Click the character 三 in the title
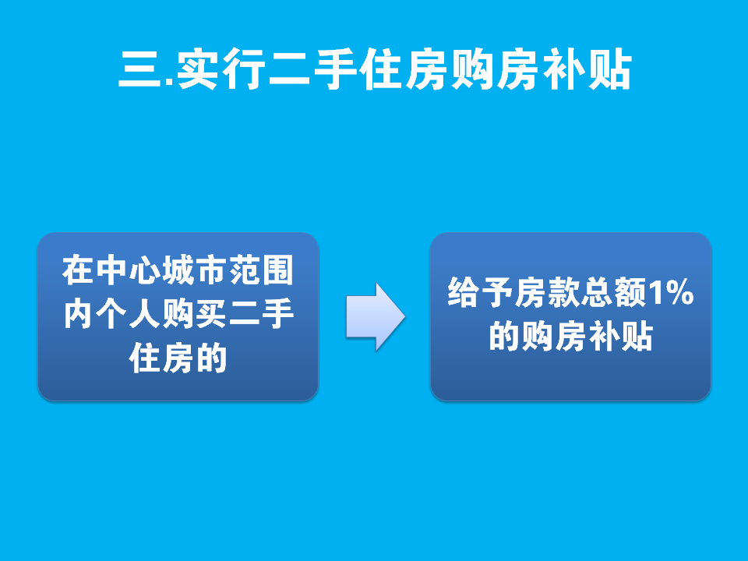(140, 69)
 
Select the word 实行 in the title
(221, 69)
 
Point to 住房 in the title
(404, 69)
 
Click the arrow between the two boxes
(376, 317)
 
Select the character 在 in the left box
(77, 270)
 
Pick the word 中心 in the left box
(127, 270)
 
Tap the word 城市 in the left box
(194, 270)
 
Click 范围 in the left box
(261, 270)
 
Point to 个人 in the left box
(127, 314)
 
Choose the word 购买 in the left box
(194, 314)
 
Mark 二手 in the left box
(261, 314)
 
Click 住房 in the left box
(161, 358)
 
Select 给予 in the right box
(480, 292)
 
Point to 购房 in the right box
(554, 337)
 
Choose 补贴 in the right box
(621, 337)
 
